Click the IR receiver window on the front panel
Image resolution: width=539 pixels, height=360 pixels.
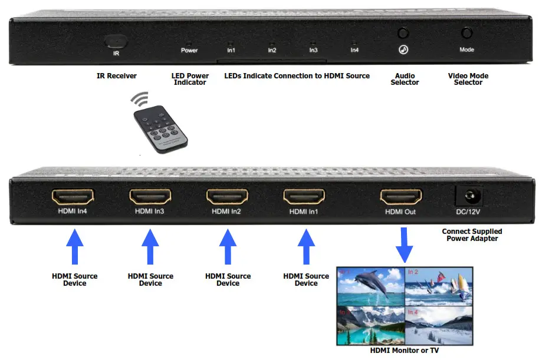point(117,42)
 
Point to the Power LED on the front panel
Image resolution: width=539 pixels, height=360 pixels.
point(189,43)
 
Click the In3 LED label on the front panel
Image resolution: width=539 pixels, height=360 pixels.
point(313,51)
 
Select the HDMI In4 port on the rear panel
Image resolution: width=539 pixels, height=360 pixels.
point(74,196)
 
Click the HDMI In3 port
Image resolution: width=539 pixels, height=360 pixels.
point(150,196)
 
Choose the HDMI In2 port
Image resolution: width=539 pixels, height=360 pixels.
point(227,196)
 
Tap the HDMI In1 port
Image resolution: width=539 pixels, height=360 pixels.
point(304,196)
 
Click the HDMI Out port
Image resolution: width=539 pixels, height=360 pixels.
point(401,196)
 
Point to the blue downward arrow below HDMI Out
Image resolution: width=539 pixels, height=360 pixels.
point(404,248)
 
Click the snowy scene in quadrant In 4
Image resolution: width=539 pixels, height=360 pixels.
point(438,325)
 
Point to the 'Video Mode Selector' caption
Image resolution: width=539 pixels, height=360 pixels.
point(468,79)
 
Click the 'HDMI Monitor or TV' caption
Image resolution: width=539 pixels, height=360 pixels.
point(405,351)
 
